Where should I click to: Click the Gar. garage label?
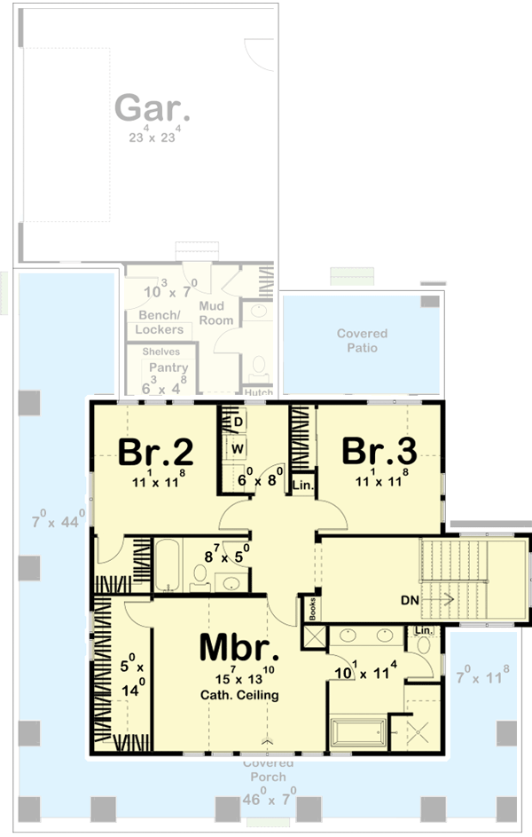(x=152, y=109)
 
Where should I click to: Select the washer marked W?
(x=238, y=449)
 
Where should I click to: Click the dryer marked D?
(x=238, y=421)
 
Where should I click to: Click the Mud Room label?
(x=215, y=313)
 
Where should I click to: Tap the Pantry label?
(x=168, y=367)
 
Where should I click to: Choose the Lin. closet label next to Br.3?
(x=301, y=486)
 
